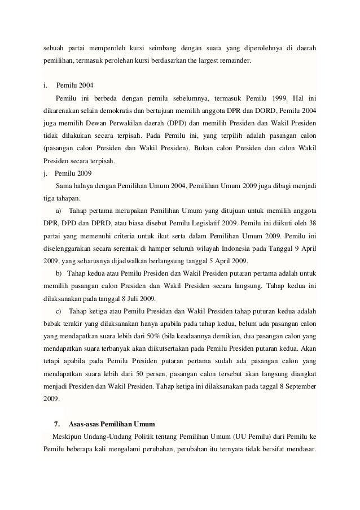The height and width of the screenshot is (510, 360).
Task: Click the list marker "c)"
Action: click(x=59, y=312)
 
